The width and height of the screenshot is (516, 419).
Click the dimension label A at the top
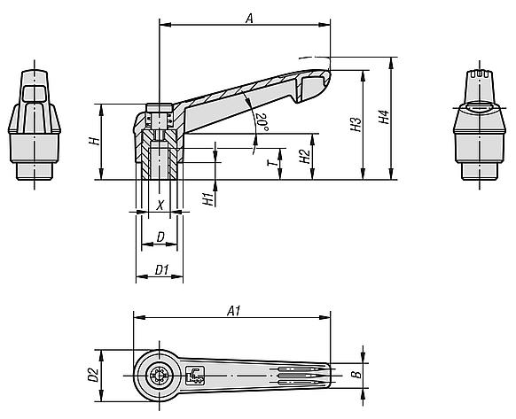(249, 18)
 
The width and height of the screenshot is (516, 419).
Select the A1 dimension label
(234, 311)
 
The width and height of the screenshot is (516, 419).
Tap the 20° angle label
(262, 122)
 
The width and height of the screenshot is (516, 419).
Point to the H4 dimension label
(384, 117)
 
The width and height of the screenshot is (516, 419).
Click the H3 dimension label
(356, 125)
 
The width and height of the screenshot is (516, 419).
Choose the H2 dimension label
(305, 157)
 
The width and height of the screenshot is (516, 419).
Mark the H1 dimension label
(208, 199)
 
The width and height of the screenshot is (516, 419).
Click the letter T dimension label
(272, 162)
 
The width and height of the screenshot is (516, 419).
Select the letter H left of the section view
(94, 142)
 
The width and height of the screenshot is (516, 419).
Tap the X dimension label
(160, 206)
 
